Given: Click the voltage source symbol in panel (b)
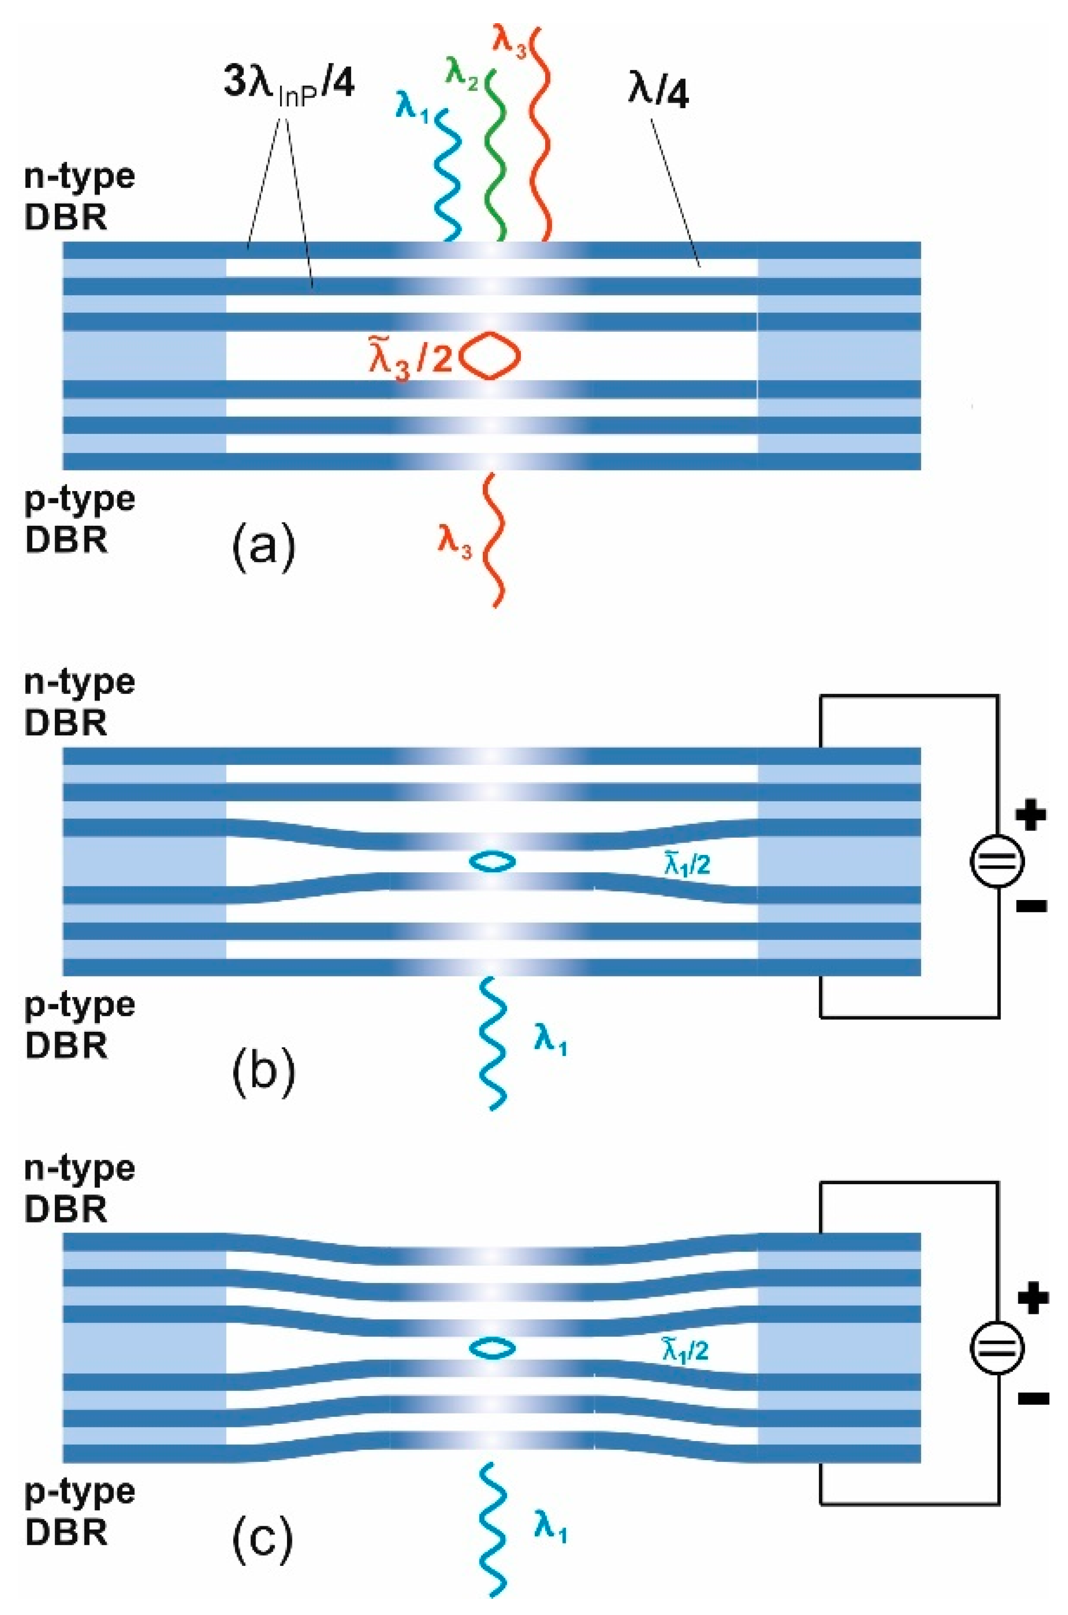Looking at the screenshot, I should (x=997, y=861).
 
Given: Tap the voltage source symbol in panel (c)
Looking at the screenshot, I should (x=997, y=1347).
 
